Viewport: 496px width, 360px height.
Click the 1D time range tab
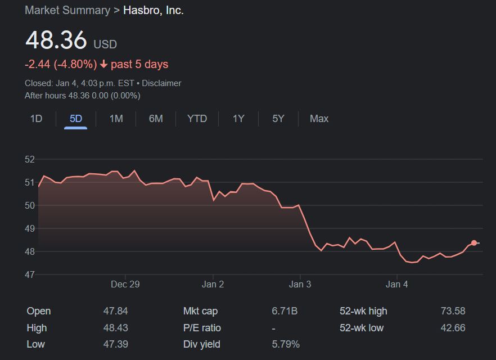click(x=36, y=119)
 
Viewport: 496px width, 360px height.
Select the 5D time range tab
click(x=76, y=119)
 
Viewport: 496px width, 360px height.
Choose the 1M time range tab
click(x=116, y=119)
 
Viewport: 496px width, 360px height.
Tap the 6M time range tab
click(x=156, y=119)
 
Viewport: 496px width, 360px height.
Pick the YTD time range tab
click(x=197, y=119)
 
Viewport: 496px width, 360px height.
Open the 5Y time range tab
click(x=278, y=119)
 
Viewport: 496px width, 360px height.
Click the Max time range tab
click(x=319, y=119)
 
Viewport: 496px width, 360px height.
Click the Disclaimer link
click(x=161, y=83)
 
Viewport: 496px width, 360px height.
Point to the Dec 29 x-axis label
click(x=125, y=285)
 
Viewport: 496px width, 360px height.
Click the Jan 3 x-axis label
click(x=300, y=285)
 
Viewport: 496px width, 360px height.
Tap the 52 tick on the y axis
click(x=30, y=159)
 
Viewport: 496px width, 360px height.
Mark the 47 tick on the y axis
click(x=30, y=274)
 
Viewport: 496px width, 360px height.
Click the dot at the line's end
click(x=474, y=243)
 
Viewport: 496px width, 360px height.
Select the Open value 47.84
click(x=116, y=311)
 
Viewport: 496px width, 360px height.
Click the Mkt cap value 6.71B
click(x=285, y=311)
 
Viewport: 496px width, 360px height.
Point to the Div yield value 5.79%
click(x=286, y=344)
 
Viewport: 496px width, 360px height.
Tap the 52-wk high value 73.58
click(x=453, y=311)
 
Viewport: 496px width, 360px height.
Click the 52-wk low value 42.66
click(x=453, y=328)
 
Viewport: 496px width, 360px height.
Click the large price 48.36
click(x=56, y=40)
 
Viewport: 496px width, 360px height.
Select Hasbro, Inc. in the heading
click(x=154, y=10)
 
